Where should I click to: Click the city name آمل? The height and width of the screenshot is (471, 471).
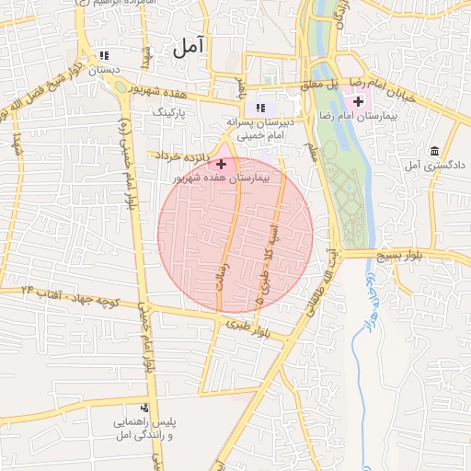(189, 46)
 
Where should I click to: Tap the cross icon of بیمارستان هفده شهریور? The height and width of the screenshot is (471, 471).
(221, 164)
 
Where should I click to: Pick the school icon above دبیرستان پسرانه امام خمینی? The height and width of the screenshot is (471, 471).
(260, 109)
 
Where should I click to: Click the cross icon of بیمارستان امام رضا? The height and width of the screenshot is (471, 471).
(357, 100)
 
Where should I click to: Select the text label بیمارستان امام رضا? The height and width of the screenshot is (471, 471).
(389, 117)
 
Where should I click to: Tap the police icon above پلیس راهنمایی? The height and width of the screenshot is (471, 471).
(144, 408)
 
